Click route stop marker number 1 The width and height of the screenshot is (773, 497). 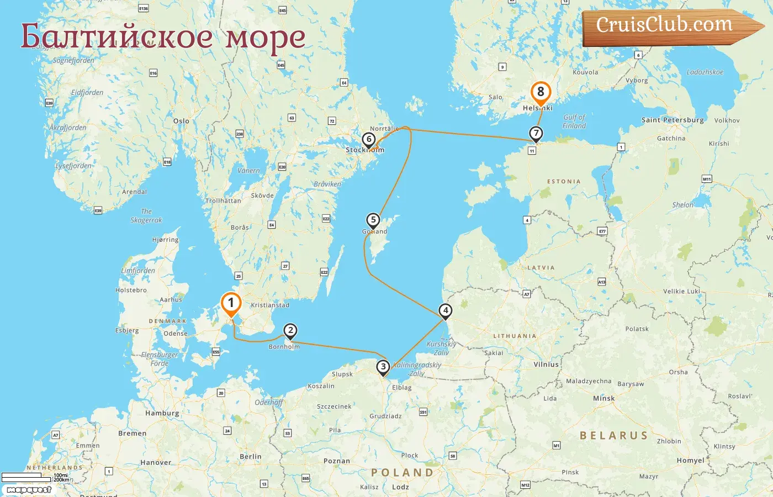[231, 303]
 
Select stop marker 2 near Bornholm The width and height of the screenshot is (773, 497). [290, 331]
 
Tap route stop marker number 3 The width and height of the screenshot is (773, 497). [383, 367]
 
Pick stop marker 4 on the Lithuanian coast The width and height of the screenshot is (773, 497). [446, 310]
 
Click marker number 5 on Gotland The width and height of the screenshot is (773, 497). [373, 220]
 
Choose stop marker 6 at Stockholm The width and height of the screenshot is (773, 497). [369, 139]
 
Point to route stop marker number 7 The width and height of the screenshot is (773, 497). [536, 133]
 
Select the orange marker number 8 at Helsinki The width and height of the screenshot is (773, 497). [541, 92]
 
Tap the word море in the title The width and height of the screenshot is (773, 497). [266, 37]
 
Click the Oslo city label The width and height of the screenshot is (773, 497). [181, 121]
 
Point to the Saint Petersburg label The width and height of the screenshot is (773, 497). [673, 120]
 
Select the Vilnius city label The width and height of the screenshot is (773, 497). [546, 364]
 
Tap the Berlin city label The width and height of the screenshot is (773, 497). [251, 457]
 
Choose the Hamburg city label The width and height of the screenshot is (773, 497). [162, 413]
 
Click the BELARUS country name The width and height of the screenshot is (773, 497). [613, 436]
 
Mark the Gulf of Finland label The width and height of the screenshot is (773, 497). [574, 121]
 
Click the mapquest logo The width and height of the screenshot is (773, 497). [29, 490]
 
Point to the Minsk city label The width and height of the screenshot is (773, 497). [603, 398]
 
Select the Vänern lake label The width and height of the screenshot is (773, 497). [248, 171]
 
